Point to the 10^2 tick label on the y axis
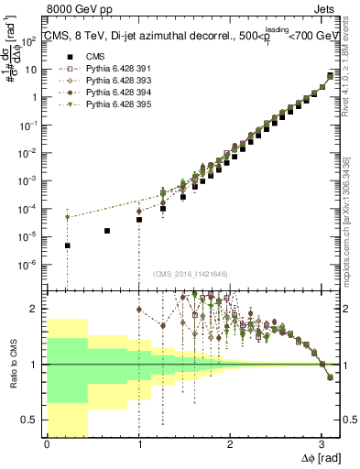[30, 39]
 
